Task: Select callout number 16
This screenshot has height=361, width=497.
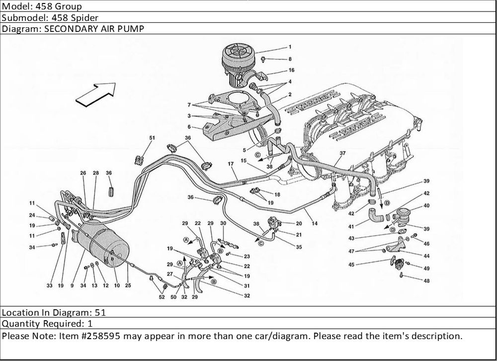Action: coord(291,70)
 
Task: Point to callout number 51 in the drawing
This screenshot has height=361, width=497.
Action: coord(152,138)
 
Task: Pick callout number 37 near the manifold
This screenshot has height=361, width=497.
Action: coord(342,153)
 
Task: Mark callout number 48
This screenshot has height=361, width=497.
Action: coord(426,280)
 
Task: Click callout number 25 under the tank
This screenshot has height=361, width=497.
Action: coord(128,285)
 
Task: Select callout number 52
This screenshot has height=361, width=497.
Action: coord(162,297)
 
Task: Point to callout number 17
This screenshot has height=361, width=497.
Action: coord(231,164)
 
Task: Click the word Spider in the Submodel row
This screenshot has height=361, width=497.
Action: coord(70,18)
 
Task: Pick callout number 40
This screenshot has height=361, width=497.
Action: coord(426,205)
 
